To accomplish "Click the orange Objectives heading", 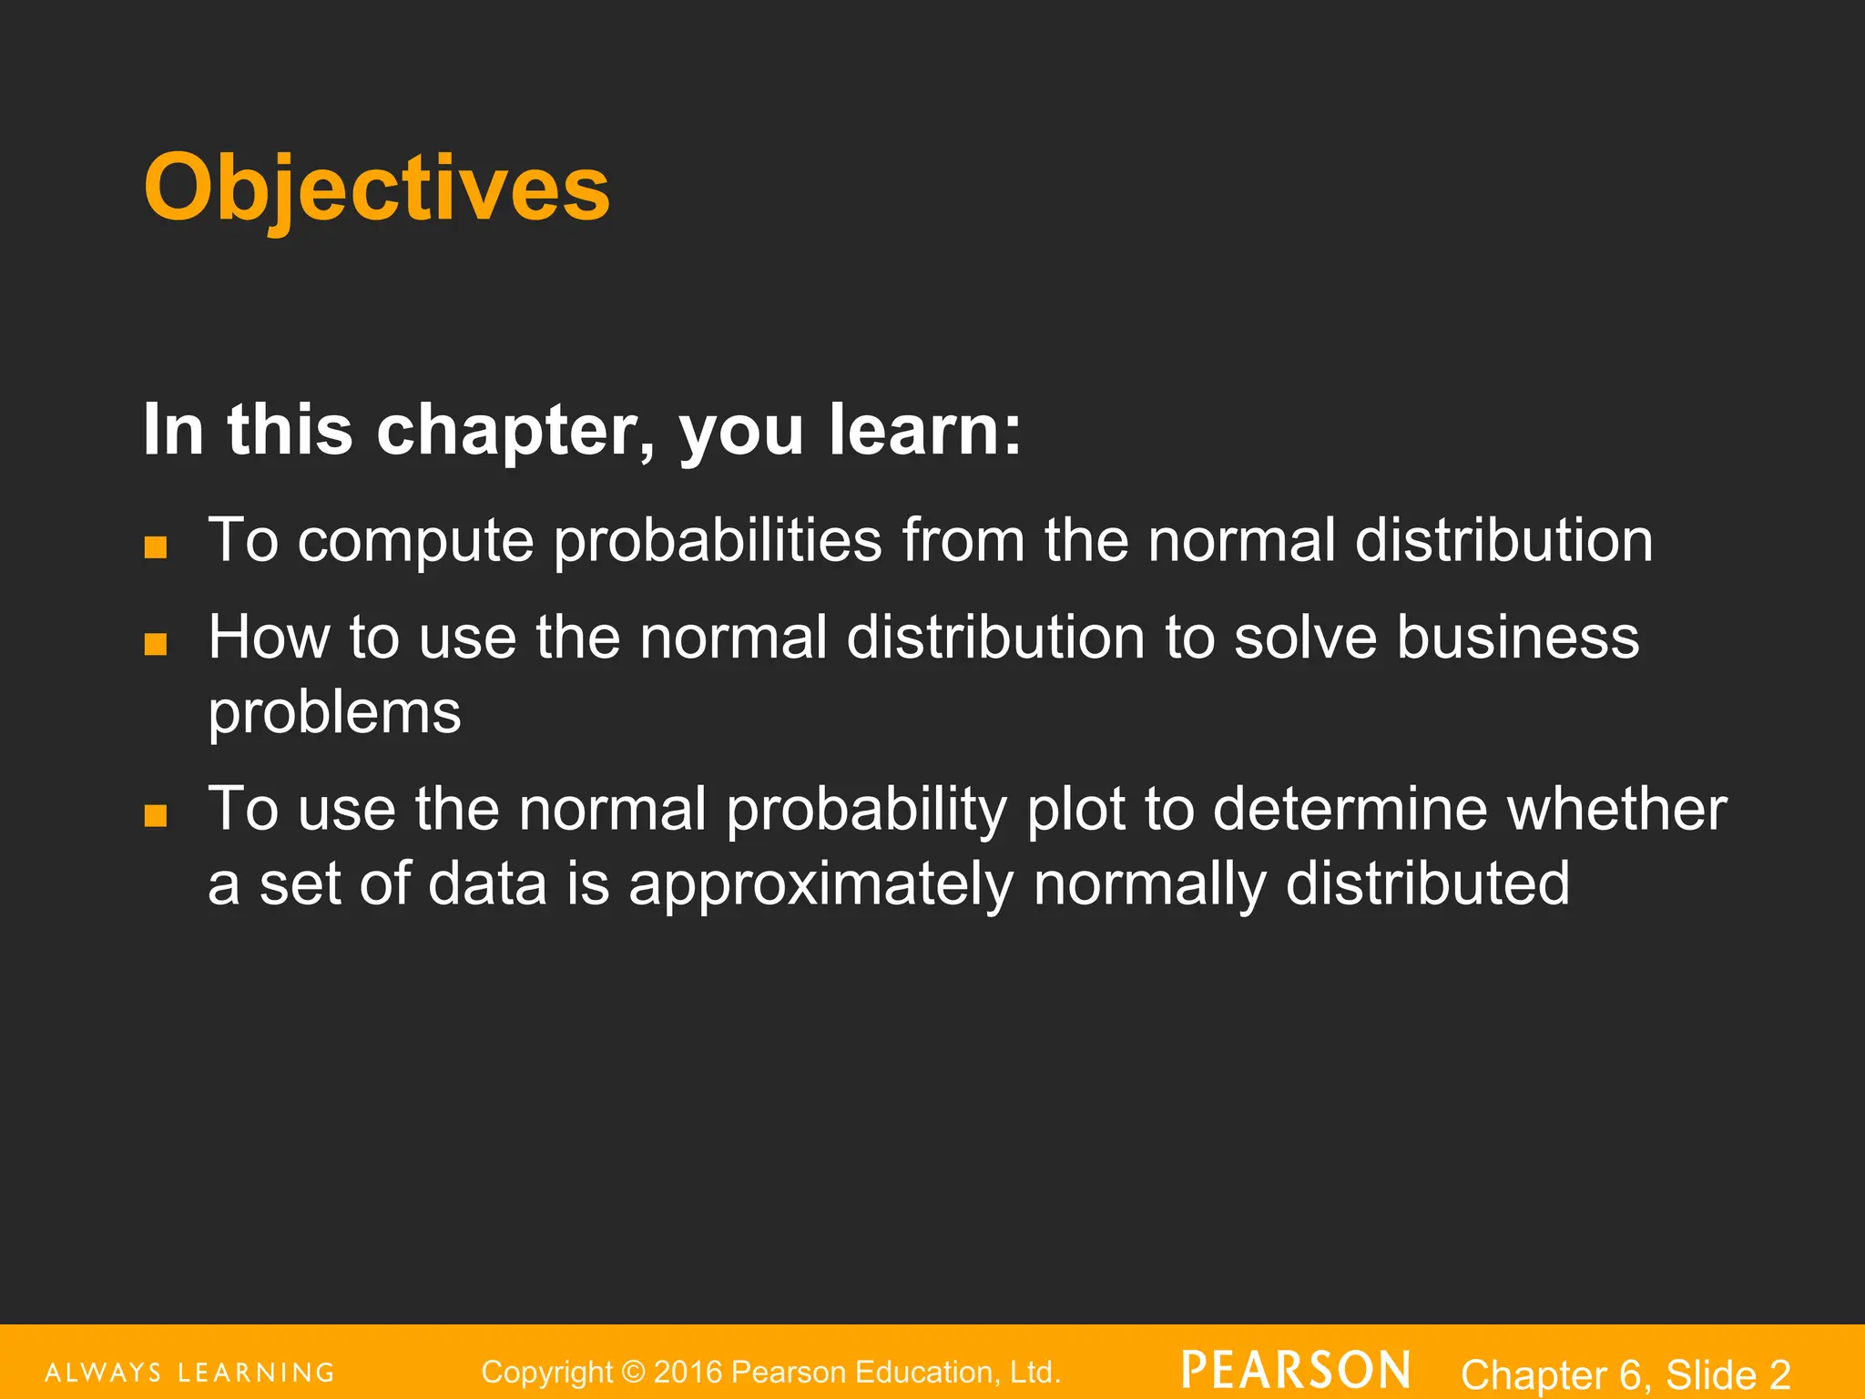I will [376, 188].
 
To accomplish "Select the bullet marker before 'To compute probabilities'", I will [156, 546].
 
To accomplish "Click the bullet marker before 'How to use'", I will [156, 644].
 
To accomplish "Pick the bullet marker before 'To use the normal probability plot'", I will [156, 814].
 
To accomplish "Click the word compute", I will [415, 541].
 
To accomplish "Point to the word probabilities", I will [718, 541].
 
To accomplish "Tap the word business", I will [1518, 637].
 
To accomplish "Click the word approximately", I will [820, 884].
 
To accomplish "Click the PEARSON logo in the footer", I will [1296, 1371].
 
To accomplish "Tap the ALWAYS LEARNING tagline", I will [190, 1373].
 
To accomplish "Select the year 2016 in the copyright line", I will [688, 1372].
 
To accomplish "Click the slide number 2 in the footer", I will [1779, 1374].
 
